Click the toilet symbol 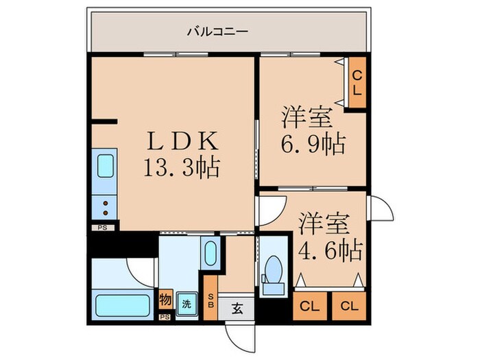274,268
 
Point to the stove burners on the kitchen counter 106,204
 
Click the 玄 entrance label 234,308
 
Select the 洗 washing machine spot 186,302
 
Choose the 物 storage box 165,299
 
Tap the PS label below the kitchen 102,226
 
